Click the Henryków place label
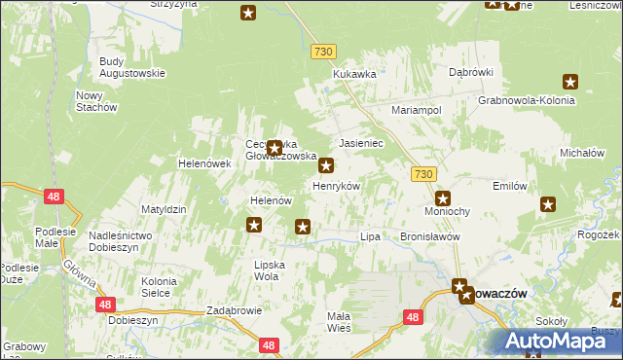336,185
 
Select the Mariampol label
417,111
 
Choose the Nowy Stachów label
96,100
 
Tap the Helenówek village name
203,163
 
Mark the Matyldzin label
164,209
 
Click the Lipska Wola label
267,270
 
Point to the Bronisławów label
429,236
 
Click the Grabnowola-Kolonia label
523,99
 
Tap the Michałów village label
583,154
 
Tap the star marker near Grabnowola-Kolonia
570,83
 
